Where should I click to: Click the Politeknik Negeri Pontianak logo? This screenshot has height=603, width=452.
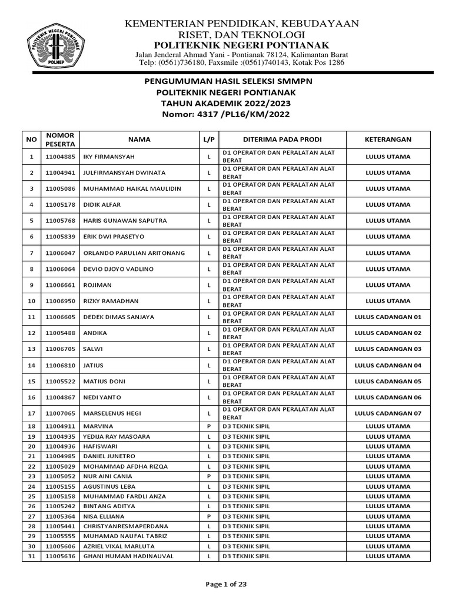coord(54,44)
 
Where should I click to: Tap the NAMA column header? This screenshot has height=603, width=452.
coord(139,140)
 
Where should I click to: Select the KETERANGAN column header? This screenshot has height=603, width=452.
coord(388,140)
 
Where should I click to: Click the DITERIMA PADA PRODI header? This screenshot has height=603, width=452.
coord(282,140)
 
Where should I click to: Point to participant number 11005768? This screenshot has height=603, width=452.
coord(61,221)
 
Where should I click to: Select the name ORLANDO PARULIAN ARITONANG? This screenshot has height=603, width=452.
coord(135,253)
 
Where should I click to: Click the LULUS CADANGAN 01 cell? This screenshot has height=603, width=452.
coord(388,317)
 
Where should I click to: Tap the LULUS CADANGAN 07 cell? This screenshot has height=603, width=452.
coord(388,413)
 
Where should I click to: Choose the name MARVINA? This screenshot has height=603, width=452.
coord(99,426)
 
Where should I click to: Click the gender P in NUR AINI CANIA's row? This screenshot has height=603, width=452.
coord(208,476)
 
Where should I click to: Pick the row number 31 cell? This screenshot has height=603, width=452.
coord(31,556)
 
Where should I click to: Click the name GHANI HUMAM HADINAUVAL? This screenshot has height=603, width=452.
coord(128,556)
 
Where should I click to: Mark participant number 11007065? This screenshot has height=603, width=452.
coord(61,413)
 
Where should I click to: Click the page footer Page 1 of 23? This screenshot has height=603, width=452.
coord(226,584)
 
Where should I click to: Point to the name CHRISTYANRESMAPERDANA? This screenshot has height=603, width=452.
coord(127,526)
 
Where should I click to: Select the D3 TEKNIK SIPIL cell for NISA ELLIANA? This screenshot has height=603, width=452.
coord(247,516)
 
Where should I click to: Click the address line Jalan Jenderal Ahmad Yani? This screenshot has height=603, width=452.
coord(241,55)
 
